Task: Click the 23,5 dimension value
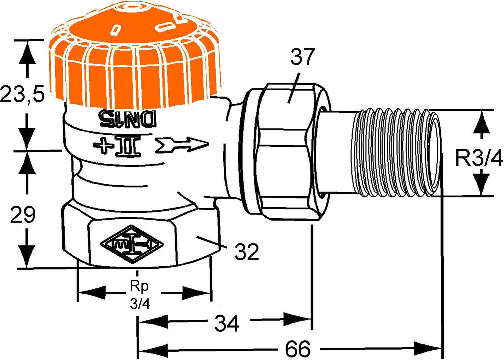tap(22, 94)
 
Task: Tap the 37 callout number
tap(302, 57)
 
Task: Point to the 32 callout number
tap(247, 252)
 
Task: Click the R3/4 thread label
tap(479, 159)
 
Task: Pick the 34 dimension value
tap(227, 323)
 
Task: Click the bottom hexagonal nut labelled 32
tap(140, 237)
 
